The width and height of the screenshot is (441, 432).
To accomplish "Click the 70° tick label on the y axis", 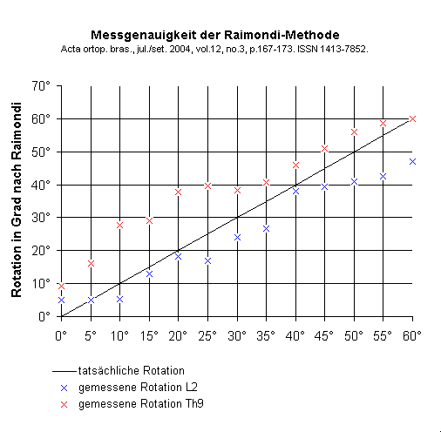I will pyautogui.click(x=39, y=85).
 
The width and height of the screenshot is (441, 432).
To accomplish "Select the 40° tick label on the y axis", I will pyautogui.click(x=39, y=185).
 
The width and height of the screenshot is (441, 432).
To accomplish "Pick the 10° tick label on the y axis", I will pyautogui.click(x=39, y=283).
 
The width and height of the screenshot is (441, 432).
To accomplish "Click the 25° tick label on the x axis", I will pyautogui.click(x=207, y=334).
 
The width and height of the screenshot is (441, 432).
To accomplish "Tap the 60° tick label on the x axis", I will pyautogui.click(x=413, y=334).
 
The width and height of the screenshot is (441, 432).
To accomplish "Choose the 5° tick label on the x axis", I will pyautogui.click(x=91, y=334).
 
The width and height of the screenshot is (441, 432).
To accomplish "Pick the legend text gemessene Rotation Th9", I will pyautogui.click(x=132, y=405).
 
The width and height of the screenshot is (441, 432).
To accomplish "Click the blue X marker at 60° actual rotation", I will pyautogui.click(x=413, y=161).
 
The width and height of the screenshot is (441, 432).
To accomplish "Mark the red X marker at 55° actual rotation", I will pyautogui.click(x=383, y=124).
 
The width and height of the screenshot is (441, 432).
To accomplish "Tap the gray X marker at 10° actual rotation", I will pyautogui.click(x=119, y=225).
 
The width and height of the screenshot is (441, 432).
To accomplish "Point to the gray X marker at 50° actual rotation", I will pyautogui.click(x=355, y=132).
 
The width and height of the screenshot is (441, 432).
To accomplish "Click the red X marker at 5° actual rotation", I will pyautogui.click(x=91, y=263).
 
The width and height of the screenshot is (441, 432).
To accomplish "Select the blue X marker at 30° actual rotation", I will pyautogui.click(x=237, y=237).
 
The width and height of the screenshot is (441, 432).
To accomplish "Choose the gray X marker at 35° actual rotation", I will pyautogui.click(x=266, y=228).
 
